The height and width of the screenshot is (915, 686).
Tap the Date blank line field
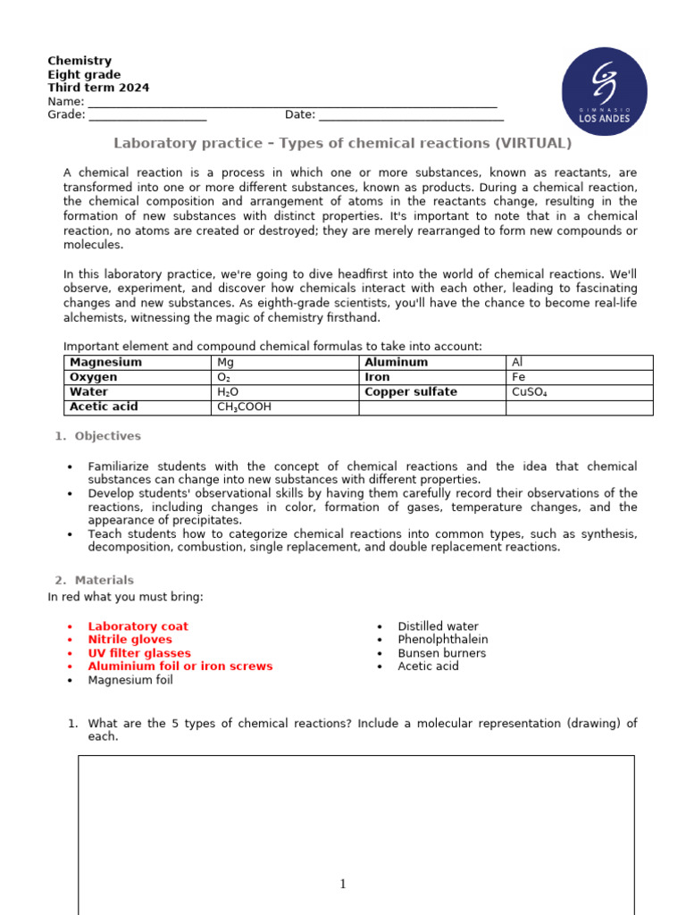pyautogui.click(x=411, y=115)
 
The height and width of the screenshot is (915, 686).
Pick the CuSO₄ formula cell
pyautogui.click(x=579, y=392)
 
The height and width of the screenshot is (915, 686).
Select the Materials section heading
pyautogui.click(x=104, y=580)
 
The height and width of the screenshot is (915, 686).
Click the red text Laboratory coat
pyautogui.click(x=138, y=626)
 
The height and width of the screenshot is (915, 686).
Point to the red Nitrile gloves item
pyautogui.click(x=130, y=640)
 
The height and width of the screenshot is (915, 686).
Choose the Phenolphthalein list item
pyautogui.click(x=443, y=640)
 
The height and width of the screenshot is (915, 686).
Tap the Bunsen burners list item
pyautogui.click(x=441, y=653)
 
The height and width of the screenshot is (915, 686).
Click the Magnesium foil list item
pyautogui.click(x=130, y=680)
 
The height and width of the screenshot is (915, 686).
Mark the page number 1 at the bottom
pyautogui.click(x=343, y=885)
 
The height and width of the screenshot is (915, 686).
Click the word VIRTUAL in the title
pyautogui.click(x=530, y=144)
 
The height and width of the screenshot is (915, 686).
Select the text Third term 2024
pyautogui.click(x=98, y=88)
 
